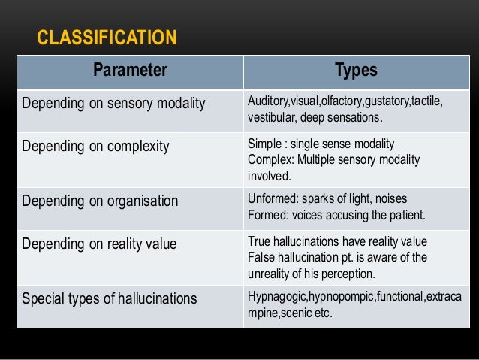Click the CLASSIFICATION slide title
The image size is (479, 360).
pos(107,37)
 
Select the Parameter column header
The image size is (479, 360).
pos(130,71)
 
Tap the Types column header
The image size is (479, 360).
pos(356,71)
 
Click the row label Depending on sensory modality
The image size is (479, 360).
pos(113,103)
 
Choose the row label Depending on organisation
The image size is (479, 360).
pos(100,201)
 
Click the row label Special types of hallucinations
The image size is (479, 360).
pos(110,298)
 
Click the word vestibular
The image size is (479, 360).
pos(270,117)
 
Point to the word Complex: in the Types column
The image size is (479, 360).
pos(269,159)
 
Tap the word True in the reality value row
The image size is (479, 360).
pos(259,242)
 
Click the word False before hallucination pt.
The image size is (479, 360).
pos(261,257)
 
